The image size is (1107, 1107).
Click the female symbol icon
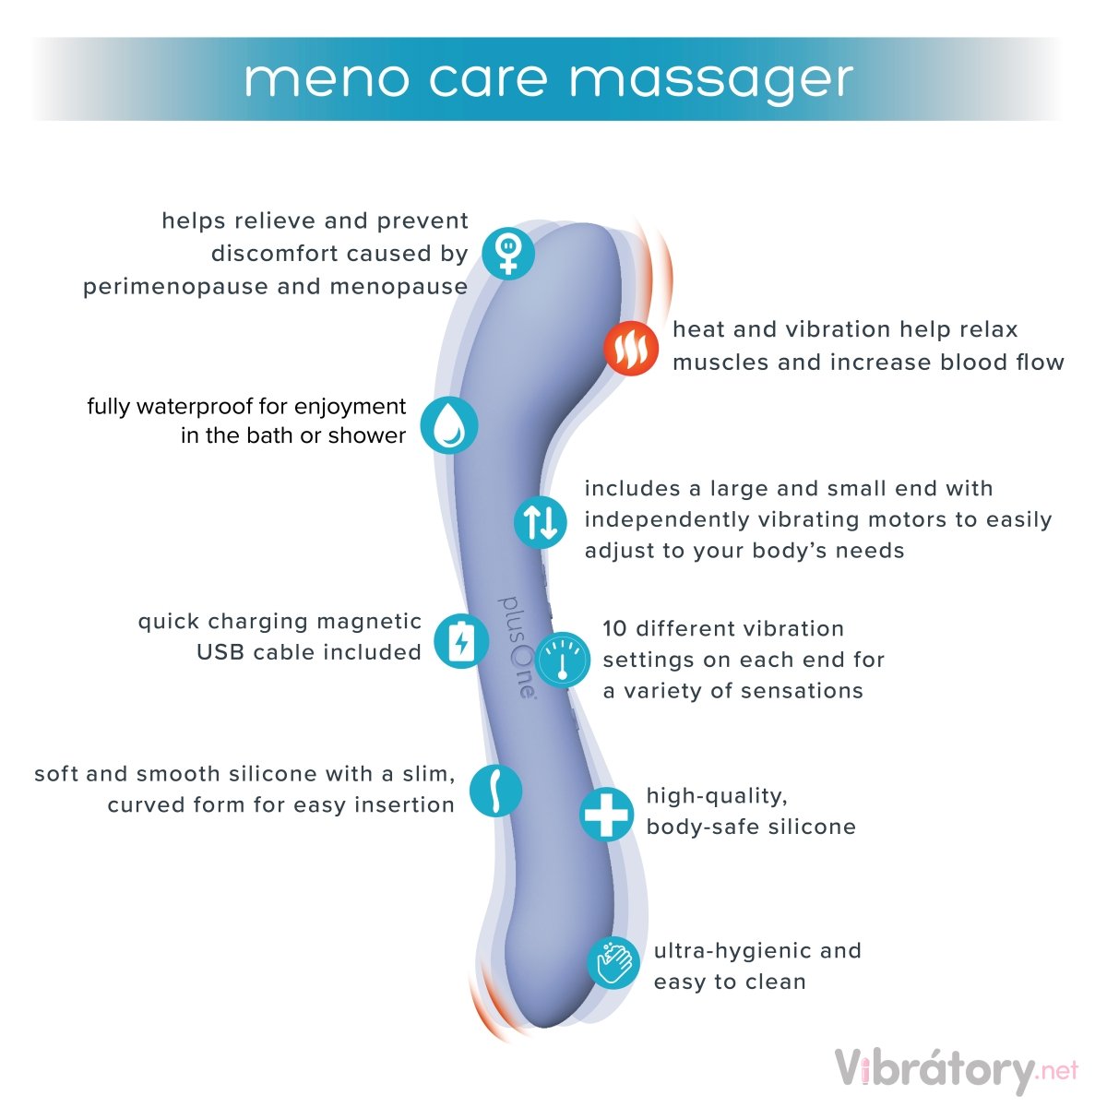pyautogui.click(x=506, y=252)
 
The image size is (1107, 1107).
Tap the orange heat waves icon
pyautogui.click(x=631, y=349)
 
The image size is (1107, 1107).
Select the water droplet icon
pyautogui.click(x=449, y=425)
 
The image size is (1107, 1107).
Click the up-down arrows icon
pyautogui.click(x=541, y=521)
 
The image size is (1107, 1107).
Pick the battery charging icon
pyautogui.click(x=461, y=640)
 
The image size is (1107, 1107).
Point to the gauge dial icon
pyautogui.click(x=562, y=659)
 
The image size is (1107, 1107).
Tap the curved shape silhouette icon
pyautogui.click(x=495, y=790)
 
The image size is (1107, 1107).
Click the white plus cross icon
pyautogui.click(x=606, y=814)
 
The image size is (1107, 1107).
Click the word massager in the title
pyautogui.click(x=710, y=80)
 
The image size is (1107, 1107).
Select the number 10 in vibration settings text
pyautogui.click(x=615, y=629)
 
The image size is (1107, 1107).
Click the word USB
pyautogui.click(x=220, y=652)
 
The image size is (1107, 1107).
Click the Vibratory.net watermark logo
pyautogui.click(x=956, y=1070)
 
